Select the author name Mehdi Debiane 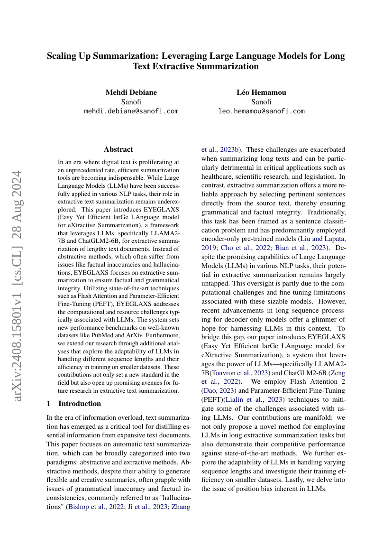pyautogui.click(x=131, y=92)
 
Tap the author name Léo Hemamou pyautogui.click(x=261, y=92)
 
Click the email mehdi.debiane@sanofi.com pyautogui.click(x=131, y=111)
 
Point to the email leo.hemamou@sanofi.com pyautogui.click(x=261, y=111)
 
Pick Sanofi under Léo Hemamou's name pyautogui.click(x=261, y=102)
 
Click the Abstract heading pyautogui.click(x=118, y=149)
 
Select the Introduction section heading pyautogui.click(x=79, y=404)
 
